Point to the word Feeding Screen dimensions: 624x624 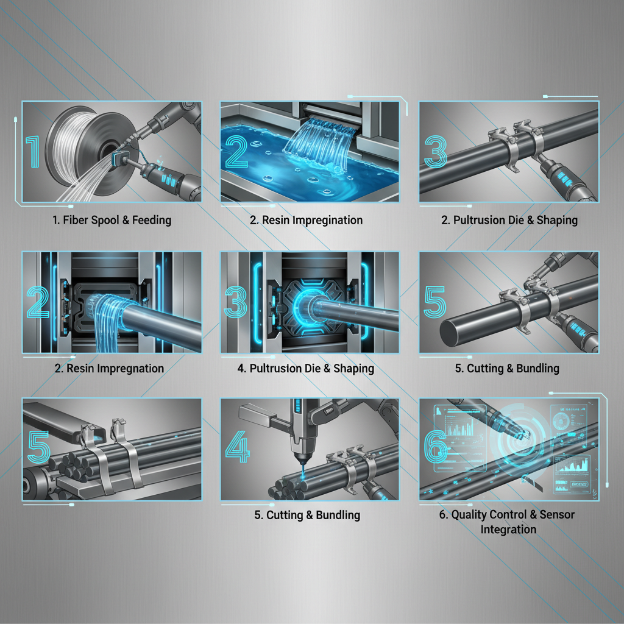point(151,220)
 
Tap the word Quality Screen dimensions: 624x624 point(472,515)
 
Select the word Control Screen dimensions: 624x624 point(518,515)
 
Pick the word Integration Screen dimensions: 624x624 point(508,530)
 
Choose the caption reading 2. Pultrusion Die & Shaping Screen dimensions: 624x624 point(509,220)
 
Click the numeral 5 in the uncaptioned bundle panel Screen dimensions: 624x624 point(38,450)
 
